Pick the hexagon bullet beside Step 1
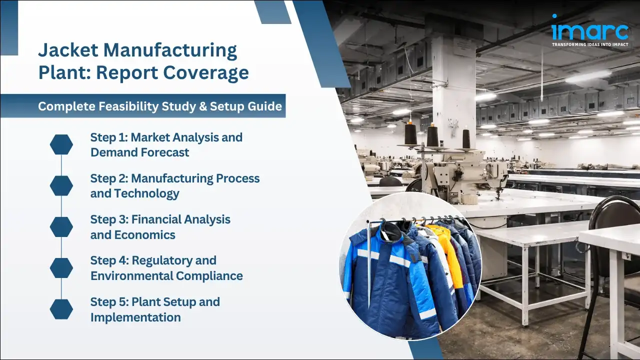pyautogui.click(x=61, y=144)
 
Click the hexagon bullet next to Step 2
pyautogui.click(x=61, y=185)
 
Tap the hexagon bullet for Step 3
pyautogui.click(x=61, y=226)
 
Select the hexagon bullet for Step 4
pyautogui.click(x=61, y=267)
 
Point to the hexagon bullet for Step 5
pyautogui.click(x=61, y=309)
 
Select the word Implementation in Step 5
pyautogui.click(x=135, y=317)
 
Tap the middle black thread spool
pyautogui.click(x=432, y=135)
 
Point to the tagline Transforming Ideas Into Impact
pyautogui.click(x=590, y=44)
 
